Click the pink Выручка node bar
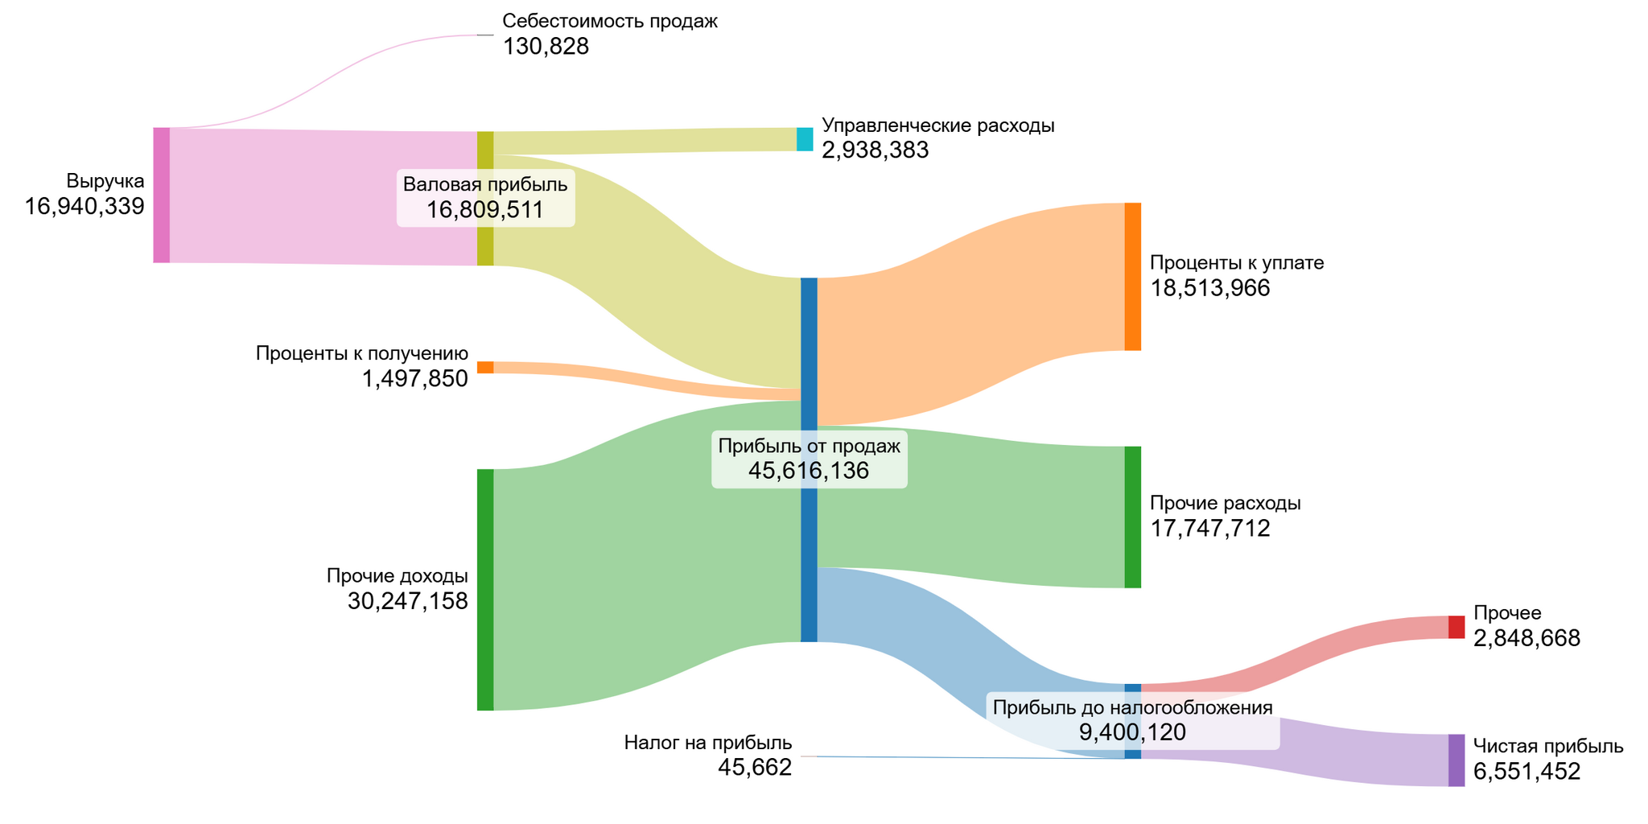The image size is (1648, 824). (162, 195)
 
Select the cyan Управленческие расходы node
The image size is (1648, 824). (805, 139)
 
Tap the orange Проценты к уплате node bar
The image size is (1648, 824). (1132, 277)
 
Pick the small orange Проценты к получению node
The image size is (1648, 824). (485, 367)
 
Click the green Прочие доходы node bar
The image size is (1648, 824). (485, 589)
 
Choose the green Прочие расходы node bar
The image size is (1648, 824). (1132, 517)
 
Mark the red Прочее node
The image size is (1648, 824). (1456, 627)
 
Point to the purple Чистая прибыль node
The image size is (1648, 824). (1456, 760)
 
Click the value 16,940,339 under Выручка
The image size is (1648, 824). (84, 207)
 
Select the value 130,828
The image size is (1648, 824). (546, 47)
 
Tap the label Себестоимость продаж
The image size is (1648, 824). (609, 22)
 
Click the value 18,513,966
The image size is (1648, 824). (1209, 288)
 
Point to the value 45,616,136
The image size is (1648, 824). (809, 471)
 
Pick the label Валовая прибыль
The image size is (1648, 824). (485, 184)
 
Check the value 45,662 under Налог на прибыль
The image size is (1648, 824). (755, 768)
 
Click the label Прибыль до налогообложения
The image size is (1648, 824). (1132, 707)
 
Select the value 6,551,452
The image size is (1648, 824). (1526, 772)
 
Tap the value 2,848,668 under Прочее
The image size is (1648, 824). (1526, 638)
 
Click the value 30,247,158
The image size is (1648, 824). (407, 601)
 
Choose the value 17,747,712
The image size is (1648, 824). (1209, 528)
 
